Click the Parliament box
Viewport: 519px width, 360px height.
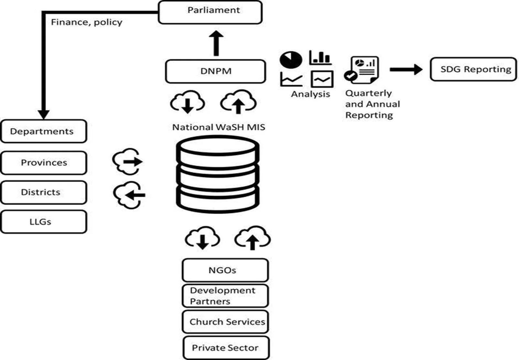(x=210, y=12)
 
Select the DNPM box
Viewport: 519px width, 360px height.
(x=215, y=71)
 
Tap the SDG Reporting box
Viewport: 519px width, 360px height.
(x=473, y=69)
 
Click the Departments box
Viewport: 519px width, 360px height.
(x=44, y=131)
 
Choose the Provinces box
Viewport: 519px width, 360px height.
(x=44, y=163)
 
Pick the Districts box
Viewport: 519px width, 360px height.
(x=44, y=192)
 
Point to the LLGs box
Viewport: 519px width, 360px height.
(x=44, y=222)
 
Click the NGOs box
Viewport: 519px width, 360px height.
(x=225, y=270)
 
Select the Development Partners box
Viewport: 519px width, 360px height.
(x=225, y=296)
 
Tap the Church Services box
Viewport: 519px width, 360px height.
(x=225, y=322)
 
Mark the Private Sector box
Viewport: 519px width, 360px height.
(x=226, y=348)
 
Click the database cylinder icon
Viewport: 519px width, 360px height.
(x=218, y=174)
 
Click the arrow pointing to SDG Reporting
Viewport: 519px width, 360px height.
(x=406, y=69)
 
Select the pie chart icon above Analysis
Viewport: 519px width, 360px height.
(x=291, y=60)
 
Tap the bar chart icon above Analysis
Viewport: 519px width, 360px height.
(x=320, y=58)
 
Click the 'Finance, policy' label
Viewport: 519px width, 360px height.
(x=87, y=22)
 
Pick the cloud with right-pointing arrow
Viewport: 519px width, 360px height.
(x=127, y=161)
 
